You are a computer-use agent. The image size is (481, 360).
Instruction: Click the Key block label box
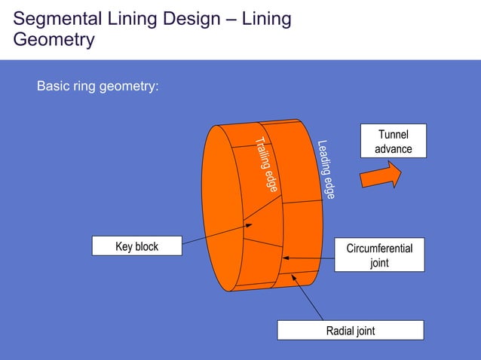point(136,246)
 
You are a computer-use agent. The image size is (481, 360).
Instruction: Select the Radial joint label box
point(350,331)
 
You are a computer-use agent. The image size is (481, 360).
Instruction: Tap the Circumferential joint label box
point(379,255)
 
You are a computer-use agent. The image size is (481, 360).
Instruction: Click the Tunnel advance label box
point(393,142)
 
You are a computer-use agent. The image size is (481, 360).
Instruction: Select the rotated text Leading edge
point(326,169)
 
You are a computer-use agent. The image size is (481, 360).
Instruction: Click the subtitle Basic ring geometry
point(98,87)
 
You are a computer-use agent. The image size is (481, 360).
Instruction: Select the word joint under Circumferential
point(379,263)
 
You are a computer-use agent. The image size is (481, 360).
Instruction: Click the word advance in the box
point(394,149)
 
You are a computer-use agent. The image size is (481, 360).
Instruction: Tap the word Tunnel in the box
point(394,135)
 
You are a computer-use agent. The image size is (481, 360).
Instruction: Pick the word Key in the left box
point(124,246)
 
